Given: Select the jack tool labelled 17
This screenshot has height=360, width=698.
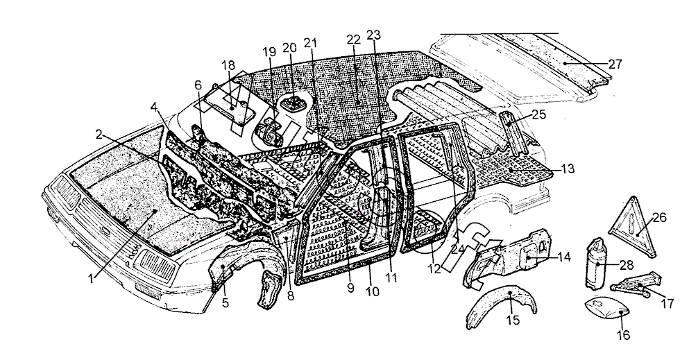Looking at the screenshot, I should tap(633, 284).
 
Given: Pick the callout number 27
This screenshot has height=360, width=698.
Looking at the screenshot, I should tap(615, 64).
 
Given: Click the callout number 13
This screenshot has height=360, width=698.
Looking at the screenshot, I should tap(568, 169).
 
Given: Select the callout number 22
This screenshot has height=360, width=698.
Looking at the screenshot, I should tap(353, 40).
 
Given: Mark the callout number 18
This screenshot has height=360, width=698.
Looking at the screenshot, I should tap(228, 65).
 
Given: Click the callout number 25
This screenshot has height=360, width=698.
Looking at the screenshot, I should tap(539, 114).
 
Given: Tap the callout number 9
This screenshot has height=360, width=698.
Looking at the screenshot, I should tap(350, 287).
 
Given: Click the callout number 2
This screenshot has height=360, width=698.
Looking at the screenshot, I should tap(99, 134).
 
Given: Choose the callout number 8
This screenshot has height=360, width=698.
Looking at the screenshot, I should tap(291, 295).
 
